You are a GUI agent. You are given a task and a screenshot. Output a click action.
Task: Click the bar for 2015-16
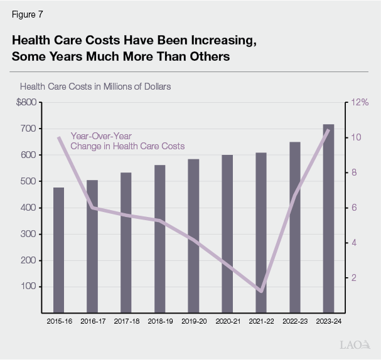[58, 250]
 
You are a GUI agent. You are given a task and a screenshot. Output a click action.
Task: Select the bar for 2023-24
[328, 218]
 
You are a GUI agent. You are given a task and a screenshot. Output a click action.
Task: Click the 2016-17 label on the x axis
[92, 320]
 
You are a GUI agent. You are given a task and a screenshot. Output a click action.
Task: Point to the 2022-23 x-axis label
[294, 320]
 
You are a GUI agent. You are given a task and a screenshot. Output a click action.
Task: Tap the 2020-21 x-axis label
[227, 320]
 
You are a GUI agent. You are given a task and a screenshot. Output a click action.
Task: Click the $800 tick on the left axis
[26, 102]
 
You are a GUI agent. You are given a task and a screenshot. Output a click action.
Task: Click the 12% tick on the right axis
[360, 102]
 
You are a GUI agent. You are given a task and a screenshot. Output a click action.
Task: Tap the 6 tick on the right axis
[353, 208]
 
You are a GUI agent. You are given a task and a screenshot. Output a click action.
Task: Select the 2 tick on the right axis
[353, 278]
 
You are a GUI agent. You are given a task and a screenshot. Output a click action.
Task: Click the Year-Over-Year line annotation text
[127, 141]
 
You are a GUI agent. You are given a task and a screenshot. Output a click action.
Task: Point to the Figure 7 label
[28, 14]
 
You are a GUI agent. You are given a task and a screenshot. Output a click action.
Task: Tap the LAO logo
[355, 345]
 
